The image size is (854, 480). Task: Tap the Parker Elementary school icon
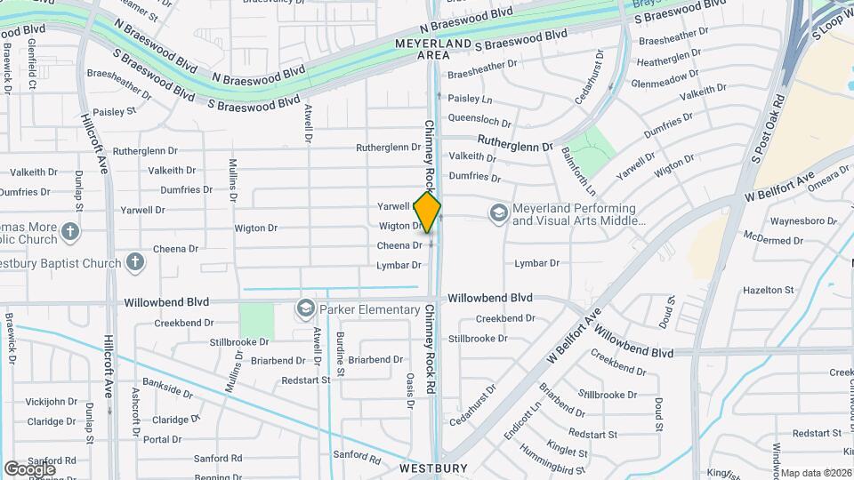306,309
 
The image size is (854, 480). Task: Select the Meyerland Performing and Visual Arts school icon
498,212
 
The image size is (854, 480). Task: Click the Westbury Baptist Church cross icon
134,262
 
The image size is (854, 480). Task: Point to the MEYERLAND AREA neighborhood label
432,48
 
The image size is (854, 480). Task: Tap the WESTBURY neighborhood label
433,468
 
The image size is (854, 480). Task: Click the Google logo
29,468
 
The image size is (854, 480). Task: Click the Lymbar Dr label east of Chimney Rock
536,263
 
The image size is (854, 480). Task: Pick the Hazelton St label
768,290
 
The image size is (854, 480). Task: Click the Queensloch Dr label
479,121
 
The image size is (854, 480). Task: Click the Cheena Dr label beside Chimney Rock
399,245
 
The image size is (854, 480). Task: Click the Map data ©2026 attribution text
817,473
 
